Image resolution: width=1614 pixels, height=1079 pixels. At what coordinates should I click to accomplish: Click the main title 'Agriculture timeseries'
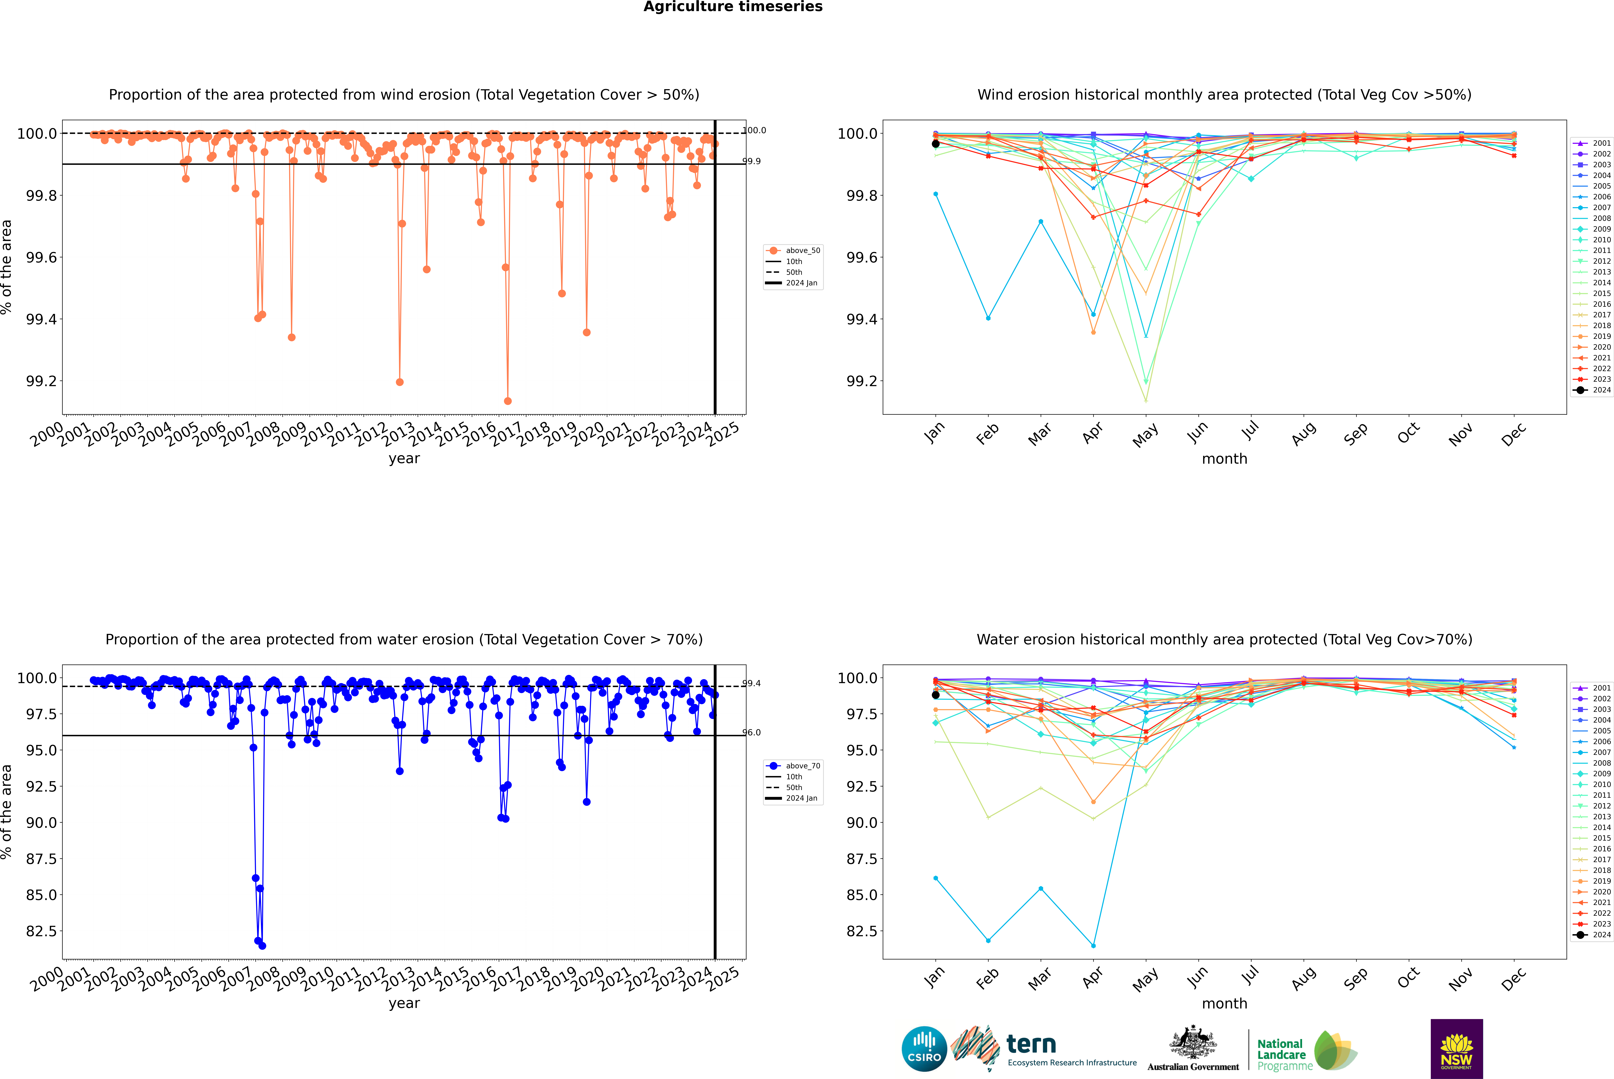(x=733, y=7)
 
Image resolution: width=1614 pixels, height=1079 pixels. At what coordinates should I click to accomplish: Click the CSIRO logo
(x=924, y=1049)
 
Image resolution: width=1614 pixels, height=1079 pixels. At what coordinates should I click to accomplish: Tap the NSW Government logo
(x=1456, y=1049)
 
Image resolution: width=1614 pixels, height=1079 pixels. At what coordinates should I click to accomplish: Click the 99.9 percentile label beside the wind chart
(x=751, y=161)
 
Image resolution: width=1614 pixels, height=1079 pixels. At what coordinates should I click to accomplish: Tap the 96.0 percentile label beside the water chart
(x=751, y=733)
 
